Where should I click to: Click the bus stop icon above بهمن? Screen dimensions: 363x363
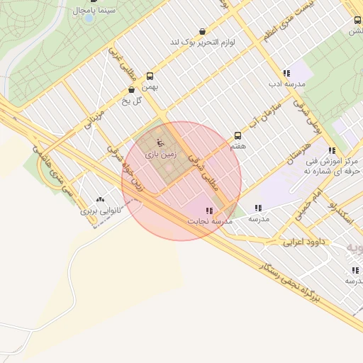(150, 76)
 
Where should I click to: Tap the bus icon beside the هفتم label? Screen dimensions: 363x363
(238, 135)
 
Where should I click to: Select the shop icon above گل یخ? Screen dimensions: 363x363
(132, 90)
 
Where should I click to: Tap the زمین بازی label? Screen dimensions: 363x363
(160, 153)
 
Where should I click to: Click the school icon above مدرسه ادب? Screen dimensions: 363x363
(286, 73)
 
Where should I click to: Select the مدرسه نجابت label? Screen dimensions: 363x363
(210, 221)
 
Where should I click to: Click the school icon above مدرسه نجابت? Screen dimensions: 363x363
(209, 211)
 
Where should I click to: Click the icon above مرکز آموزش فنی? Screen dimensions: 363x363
(332, 150)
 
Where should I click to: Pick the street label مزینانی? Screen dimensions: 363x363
(94, 119)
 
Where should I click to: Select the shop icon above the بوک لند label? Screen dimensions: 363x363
(203, 32)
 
